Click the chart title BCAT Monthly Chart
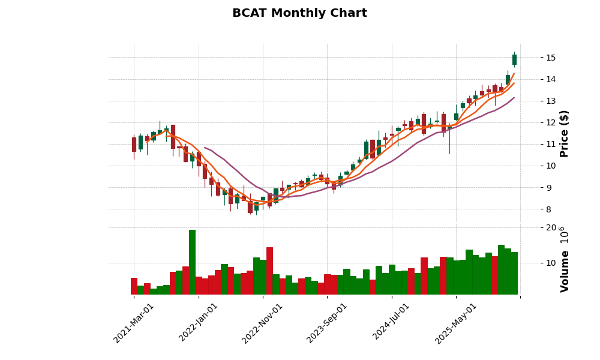coord(299,13)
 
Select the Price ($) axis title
coord(564,133)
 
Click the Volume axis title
coord(564,259)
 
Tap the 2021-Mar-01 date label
coord(134,323)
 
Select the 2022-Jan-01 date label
coord(199,323)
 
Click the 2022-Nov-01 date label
coord(262,323)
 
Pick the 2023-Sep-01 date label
coord(327,323)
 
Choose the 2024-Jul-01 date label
coord(391,323)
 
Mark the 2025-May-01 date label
coord(456,323)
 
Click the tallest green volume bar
coord(192,262)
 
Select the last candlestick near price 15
coord(514,59)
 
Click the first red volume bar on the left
coord(134,286)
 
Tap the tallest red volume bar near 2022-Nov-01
coord(269,271)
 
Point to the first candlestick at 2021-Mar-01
coord(134,144)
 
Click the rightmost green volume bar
coord(514,273)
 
